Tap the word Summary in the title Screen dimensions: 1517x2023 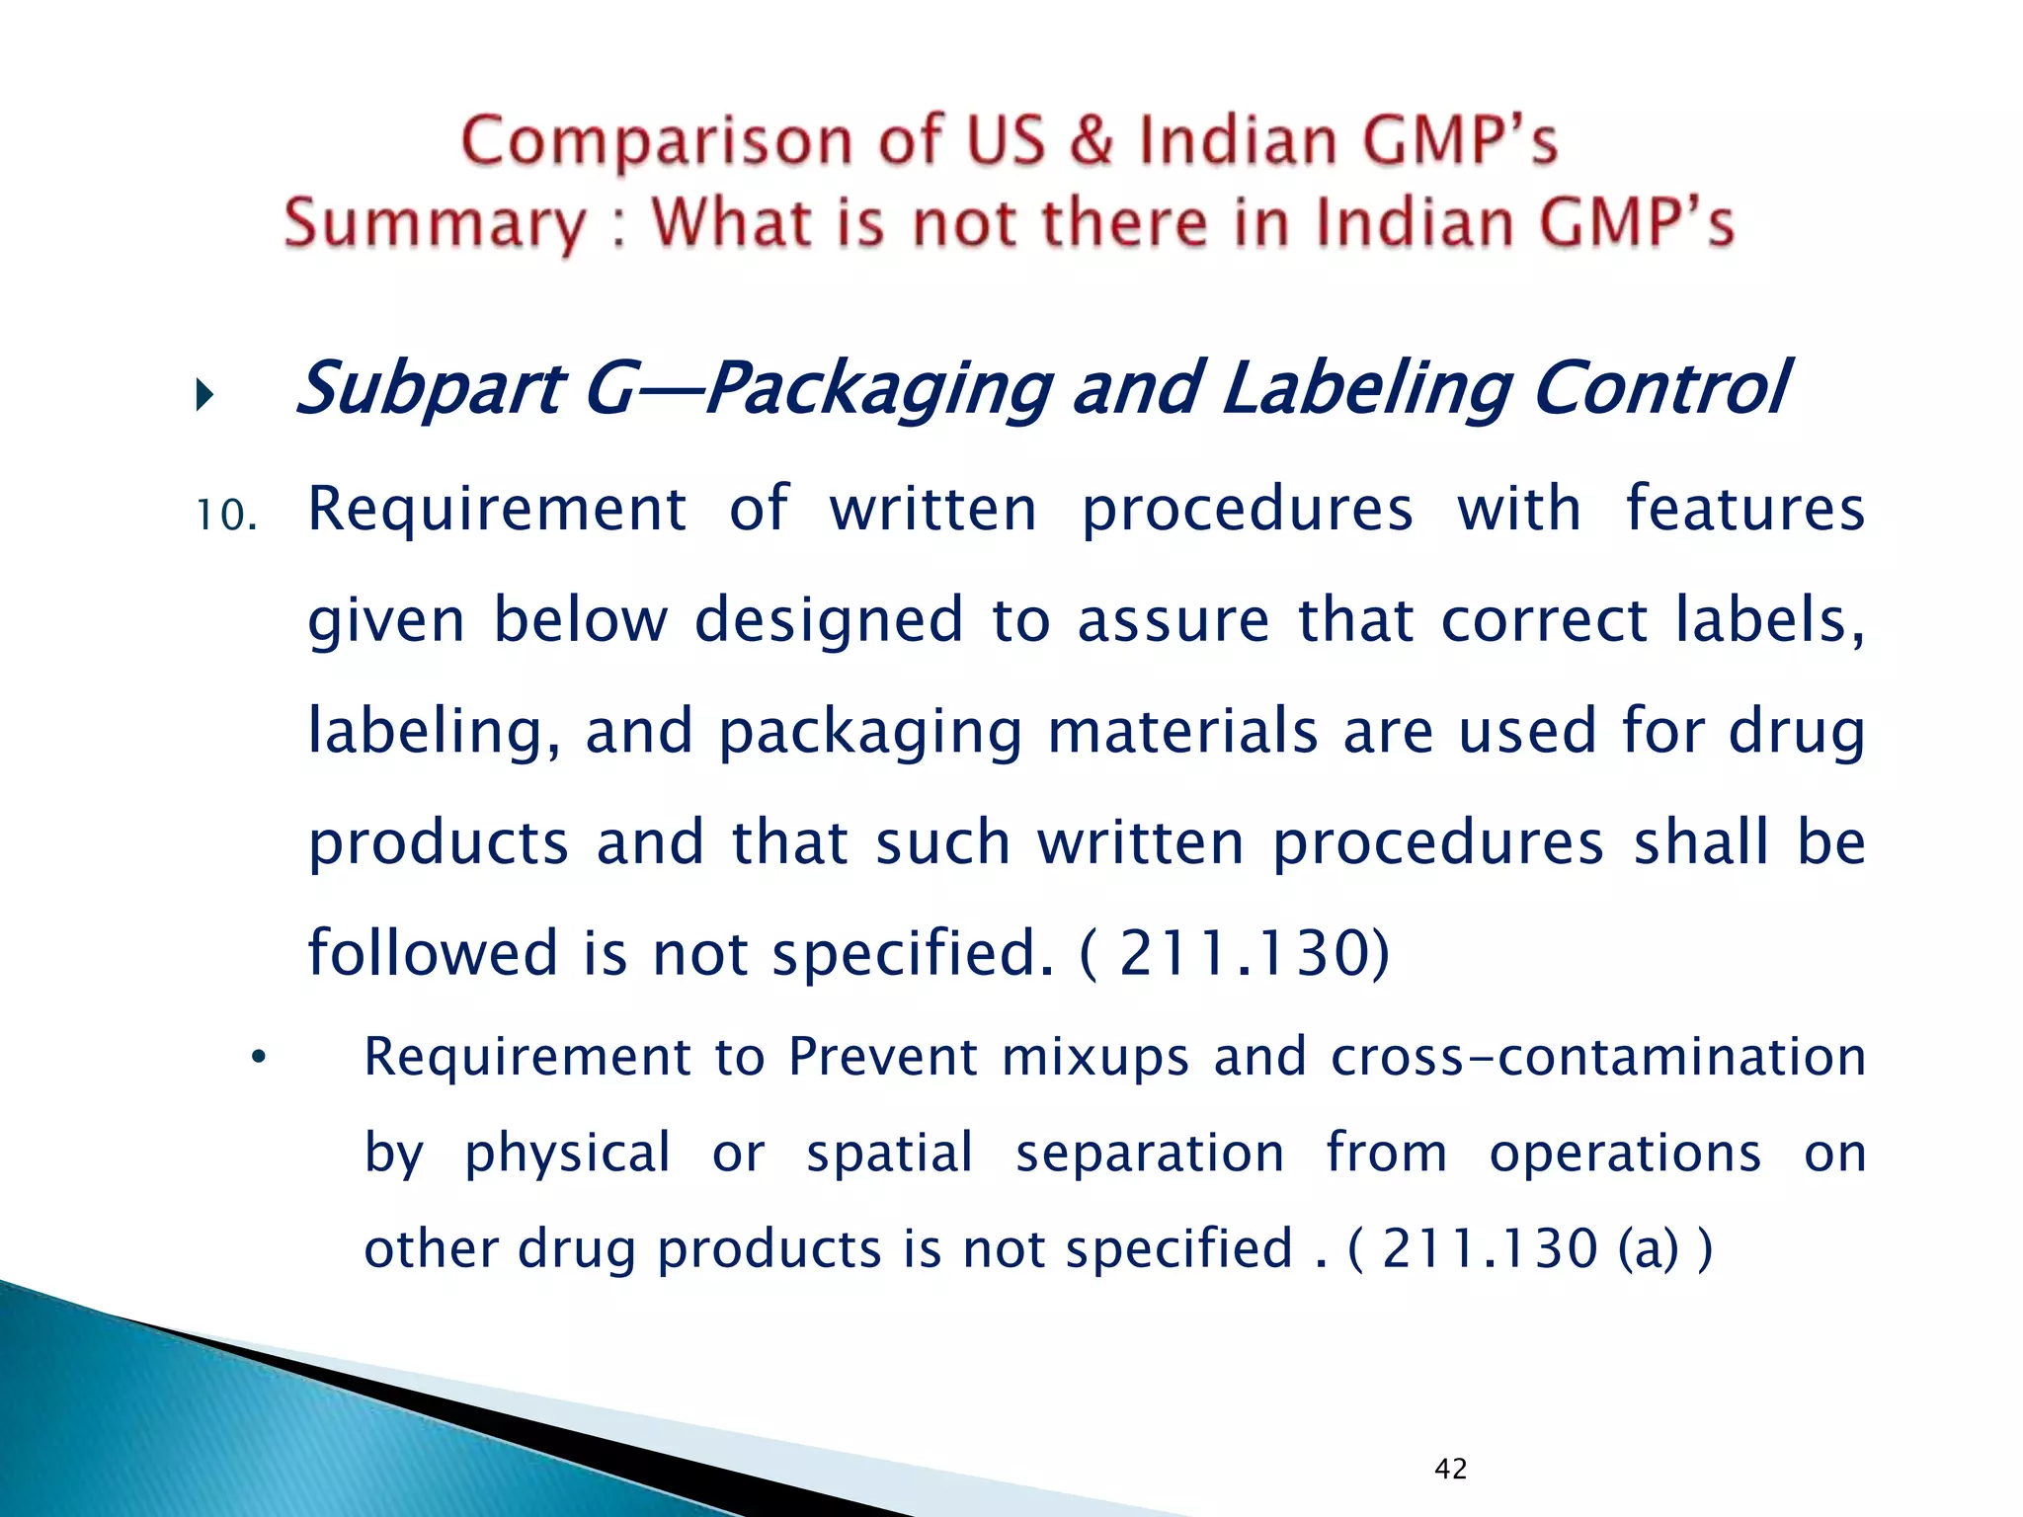pos(435,223)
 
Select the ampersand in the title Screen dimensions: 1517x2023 pos(1091,140)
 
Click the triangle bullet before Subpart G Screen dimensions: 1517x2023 pos(204,396)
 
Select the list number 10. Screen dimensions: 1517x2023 pos(226,516)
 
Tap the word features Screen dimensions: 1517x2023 pos(1745,510)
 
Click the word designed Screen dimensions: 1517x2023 pos(829,621)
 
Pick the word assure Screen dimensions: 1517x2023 pos(1173,621)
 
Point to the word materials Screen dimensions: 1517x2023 pos(1182,732)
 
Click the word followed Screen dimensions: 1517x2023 pos(434,953)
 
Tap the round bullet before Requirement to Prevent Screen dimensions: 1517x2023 pos(259,1058)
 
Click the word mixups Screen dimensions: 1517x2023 pos(1095,1057)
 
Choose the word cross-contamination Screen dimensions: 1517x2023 pos(1598,1057)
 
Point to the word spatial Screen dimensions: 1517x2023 pos(890,1153)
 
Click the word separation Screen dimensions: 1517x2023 pos(1150,1153)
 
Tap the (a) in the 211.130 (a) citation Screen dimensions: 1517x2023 pos(1648,1248)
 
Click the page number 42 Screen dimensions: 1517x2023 pos(1450,1469)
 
